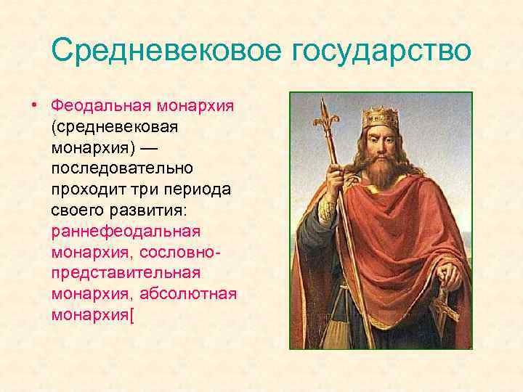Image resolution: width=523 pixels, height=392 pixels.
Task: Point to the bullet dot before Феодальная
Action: (33, 107)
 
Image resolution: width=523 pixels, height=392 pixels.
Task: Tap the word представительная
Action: (126, 275)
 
